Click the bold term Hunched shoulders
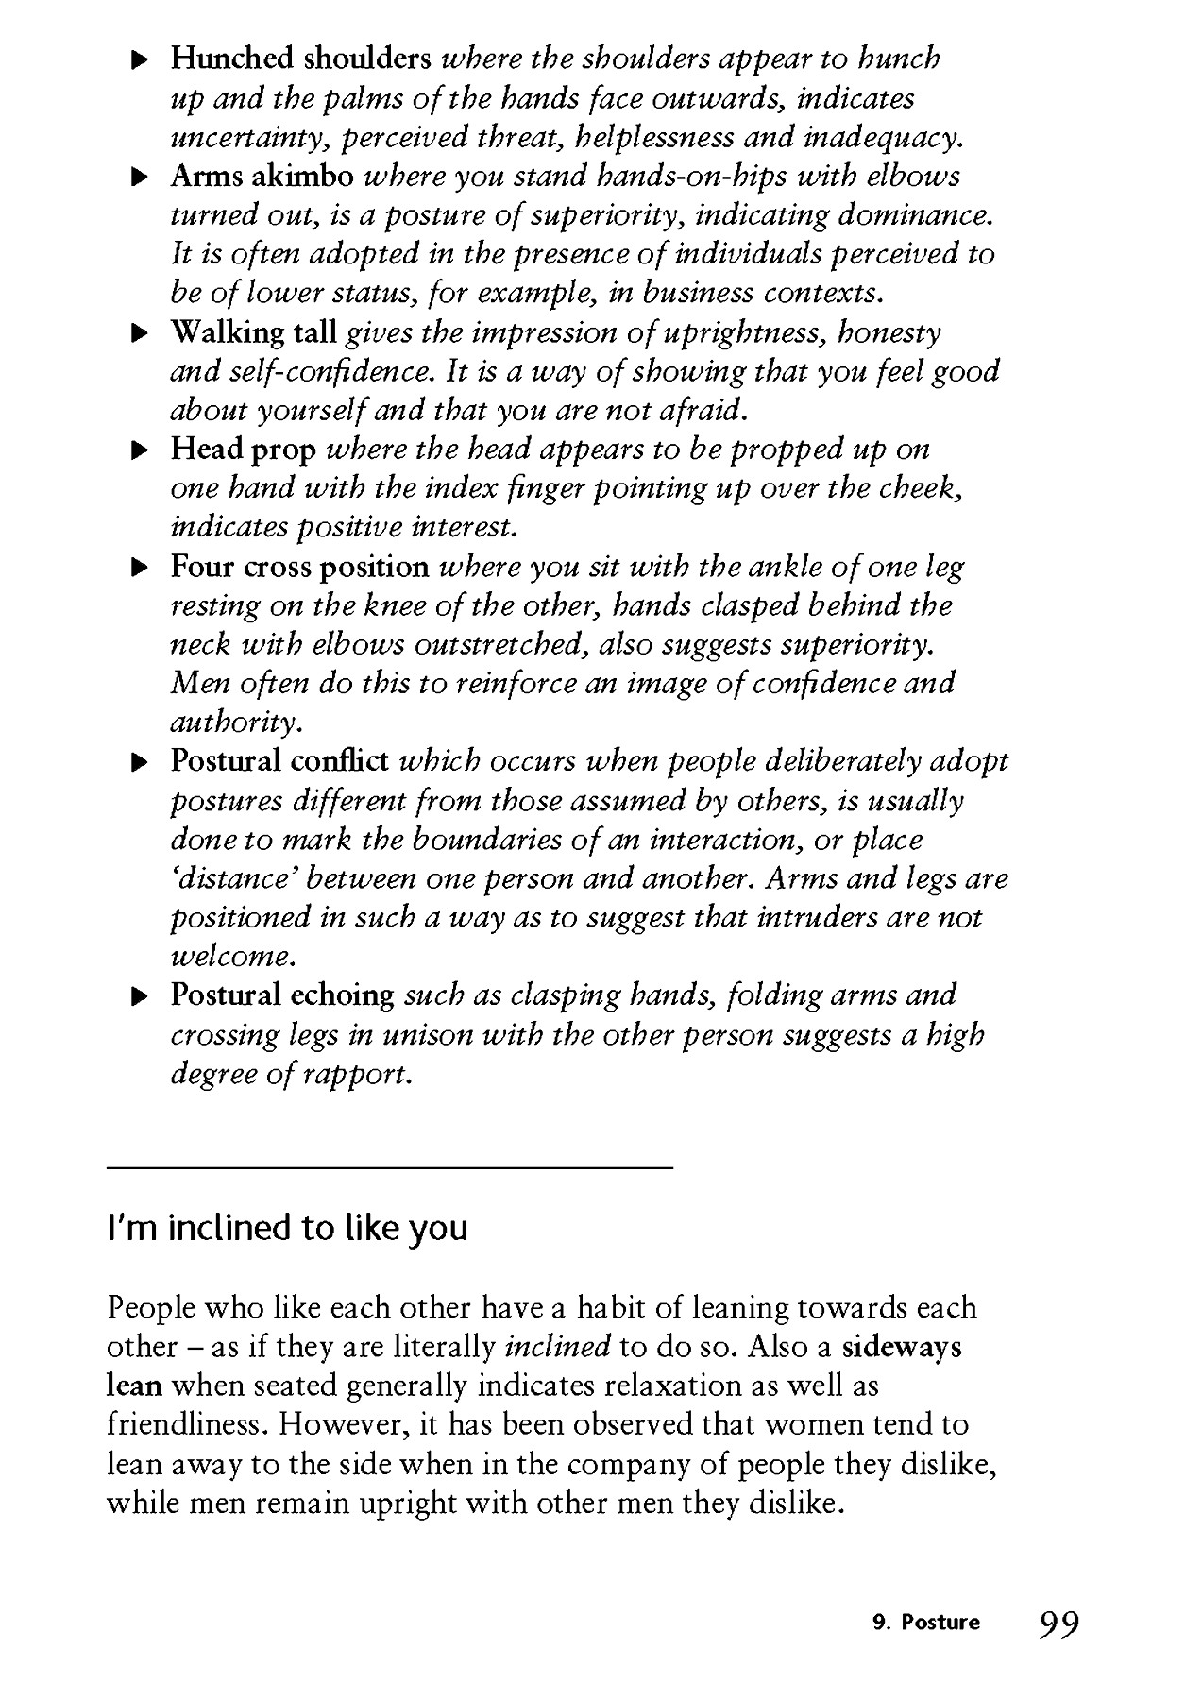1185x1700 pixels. point(300,59)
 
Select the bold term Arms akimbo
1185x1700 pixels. point(262,176)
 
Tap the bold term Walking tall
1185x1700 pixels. point(253,332)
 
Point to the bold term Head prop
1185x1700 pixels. point(243,449)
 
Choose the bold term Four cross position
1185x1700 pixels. point(299,567)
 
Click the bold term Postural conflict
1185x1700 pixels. point(279,760)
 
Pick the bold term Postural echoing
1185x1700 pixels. point(282,994)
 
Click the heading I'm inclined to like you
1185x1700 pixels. point(288,1228)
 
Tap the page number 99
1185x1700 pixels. point(1059,1623)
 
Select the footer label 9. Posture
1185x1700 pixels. point(927,1623)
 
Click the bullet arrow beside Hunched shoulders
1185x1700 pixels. point(139,59)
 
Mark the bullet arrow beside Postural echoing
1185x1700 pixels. point(139,996)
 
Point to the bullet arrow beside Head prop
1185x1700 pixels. point(139,450)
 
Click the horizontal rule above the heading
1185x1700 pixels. point(390,1168)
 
